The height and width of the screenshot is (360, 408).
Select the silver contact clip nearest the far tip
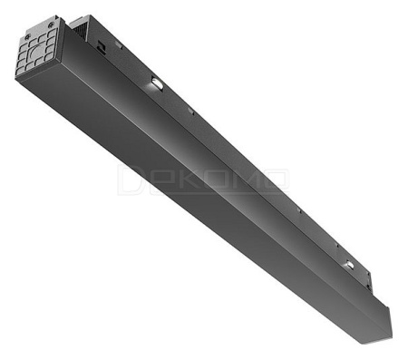click(348, 264)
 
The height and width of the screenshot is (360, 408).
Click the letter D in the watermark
click(129, 180)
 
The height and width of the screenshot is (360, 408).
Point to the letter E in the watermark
click(155, 180)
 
